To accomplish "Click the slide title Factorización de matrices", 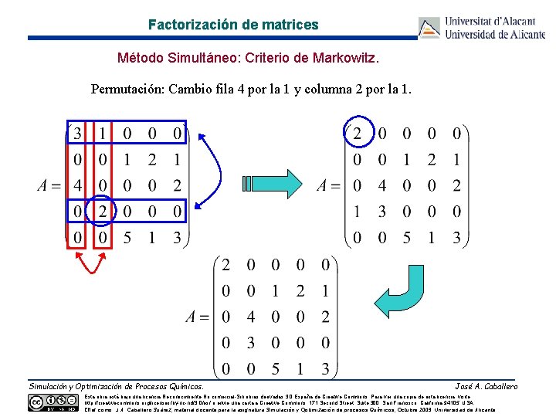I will click(x=233, y=25).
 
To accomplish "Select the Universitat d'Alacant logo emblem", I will click(x=429, y=28).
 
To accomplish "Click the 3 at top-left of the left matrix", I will click(x=77, y=134).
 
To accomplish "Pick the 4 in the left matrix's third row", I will click(x=77, y=186).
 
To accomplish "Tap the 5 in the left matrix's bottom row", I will click(x=127, y=238).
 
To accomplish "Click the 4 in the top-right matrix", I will click(x=381, y=186).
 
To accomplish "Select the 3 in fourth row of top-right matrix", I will click(x=381, y=212).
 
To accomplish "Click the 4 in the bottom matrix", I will click(x=250, y=317).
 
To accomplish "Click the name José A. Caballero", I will click(x=486, y=386).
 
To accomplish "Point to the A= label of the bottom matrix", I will click(x=198, y=317).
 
